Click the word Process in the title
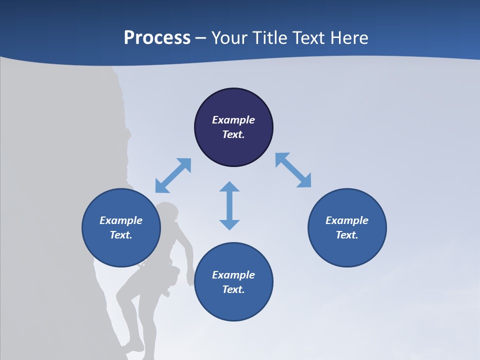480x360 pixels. click(x=157, y=38)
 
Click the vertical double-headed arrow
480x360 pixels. click(x=229, y=205)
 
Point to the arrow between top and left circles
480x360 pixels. click(x=173, y=175)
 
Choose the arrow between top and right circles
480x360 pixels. click(x=293, y=170)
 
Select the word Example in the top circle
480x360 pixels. click(x=233, y=120)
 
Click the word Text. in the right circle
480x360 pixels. click(x=347, y=235)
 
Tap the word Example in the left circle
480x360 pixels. click(x=121, y=220)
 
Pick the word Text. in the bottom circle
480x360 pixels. click(x=233, y=289)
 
